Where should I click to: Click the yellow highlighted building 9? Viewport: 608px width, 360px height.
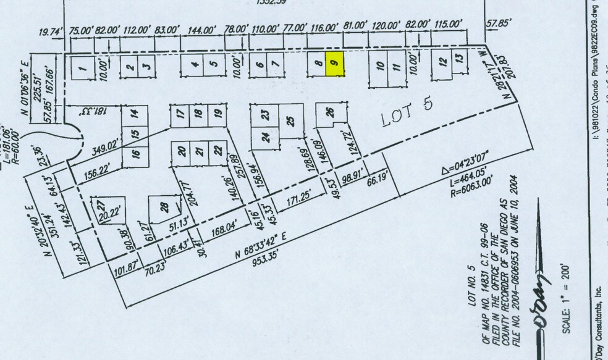point(334,64)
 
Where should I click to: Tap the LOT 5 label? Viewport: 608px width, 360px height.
point(407,112)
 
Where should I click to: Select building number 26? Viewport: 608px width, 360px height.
point(330,113)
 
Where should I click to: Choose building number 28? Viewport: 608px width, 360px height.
point(163,208)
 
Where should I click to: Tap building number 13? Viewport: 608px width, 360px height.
point(458,58)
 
